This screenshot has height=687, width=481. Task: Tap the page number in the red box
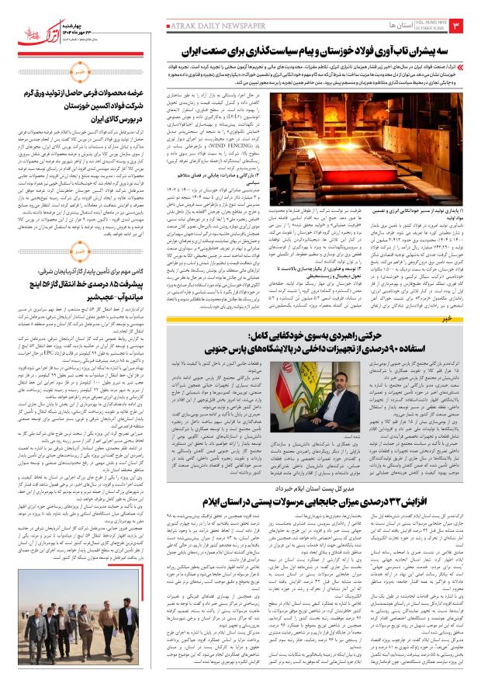click(467, 28)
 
